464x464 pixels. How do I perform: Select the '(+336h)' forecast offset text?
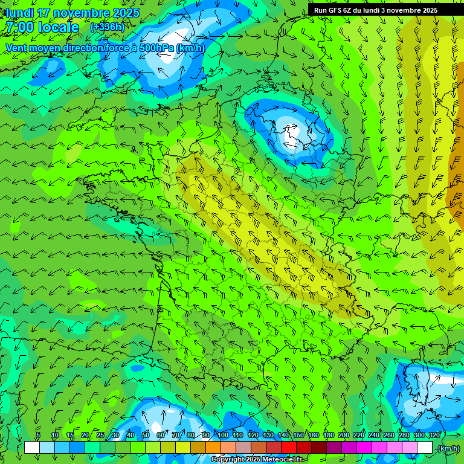pyautogui.click(x=107, y=27)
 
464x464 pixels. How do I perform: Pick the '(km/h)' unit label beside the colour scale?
pyautogui.click(x=448, y=448)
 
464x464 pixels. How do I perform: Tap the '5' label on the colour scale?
pyautogui.click(x=38, y=435)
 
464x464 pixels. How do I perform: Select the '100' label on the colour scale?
pyautogui.click(x=223, y=435)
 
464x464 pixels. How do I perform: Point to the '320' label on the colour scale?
pyautogui.click(x=434, y=435)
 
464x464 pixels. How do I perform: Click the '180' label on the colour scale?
pyautogui.click(x=329, y=435)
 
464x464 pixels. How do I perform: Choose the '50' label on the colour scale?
pyautogui.click(x=145, y=435)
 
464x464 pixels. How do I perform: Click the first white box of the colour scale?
pyautogui.click(x=32, y=448)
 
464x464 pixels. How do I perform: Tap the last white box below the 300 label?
pyautogui.click(x=425, y=448)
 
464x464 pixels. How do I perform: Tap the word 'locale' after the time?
pyautogui.click(x=58, y=27)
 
